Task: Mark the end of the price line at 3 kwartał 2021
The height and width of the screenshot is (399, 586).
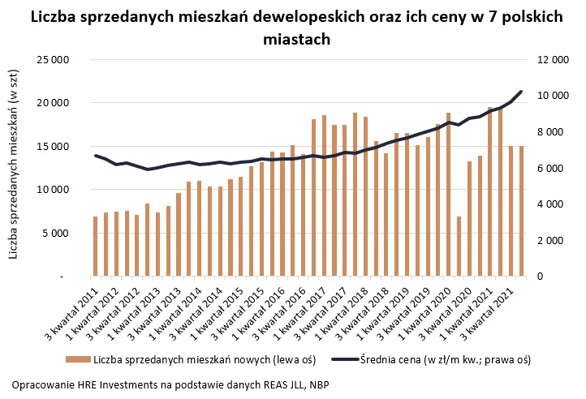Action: point(521,92)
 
